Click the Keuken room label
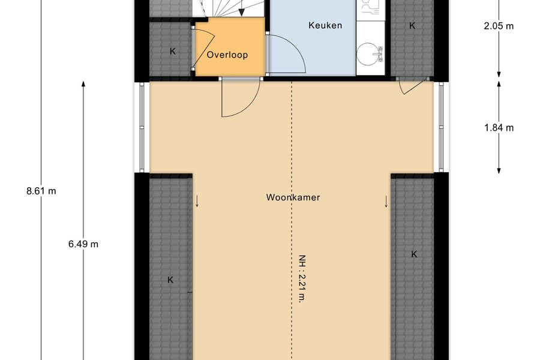(325, 25)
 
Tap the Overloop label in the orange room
(227, 55)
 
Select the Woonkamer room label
(293, 197)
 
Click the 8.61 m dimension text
(41, 191)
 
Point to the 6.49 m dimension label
(83, 244)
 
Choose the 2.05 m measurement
(499, 26)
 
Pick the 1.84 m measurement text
(499, 128)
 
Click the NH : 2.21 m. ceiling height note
(302, 278)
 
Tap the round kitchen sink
(369, 54)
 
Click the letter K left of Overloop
(173, 52)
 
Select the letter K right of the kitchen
(412, 25)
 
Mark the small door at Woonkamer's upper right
(412, 86)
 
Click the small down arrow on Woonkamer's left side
(197, 201)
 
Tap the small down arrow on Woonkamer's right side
(386, 202)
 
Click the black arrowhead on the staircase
(242, 12)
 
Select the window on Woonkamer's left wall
(142, 127)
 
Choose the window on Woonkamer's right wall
(441, 127)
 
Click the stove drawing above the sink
(370, 8)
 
